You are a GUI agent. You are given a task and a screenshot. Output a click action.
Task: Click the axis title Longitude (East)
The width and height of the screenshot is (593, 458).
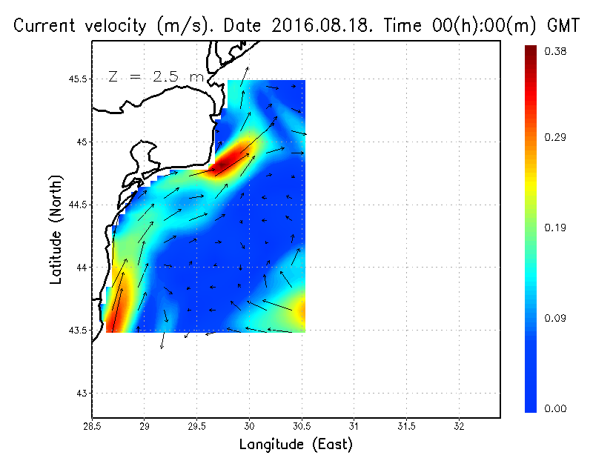tap(296, 445)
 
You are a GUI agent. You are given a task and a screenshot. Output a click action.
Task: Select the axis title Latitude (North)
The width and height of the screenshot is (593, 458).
tap(56, 230)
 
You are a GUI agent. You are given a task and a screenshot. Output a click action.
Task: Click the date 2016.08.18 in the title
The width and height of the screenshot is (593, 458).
tap(323, 26)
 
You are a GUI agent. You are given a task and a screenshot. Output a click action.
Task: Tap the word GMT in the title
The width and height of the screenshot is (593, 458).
tap(562, 26)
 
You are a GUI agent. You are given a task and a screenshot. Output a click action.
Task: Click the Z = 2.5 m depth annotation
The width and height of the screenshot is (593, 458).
tap(155, 76)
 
